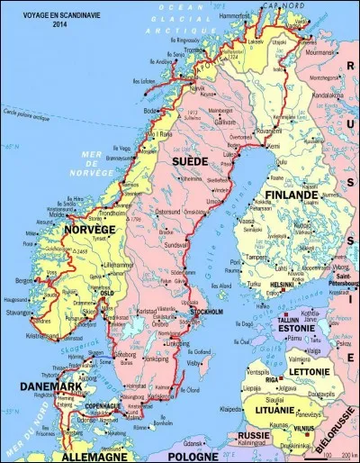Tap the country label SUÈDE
coord(188,160)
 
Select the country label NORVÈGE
coord(90,230)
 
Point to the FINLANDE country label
coord(290,195)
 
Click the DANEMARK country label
coord(46,386)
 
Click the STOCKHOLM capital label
coord(208,311)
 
